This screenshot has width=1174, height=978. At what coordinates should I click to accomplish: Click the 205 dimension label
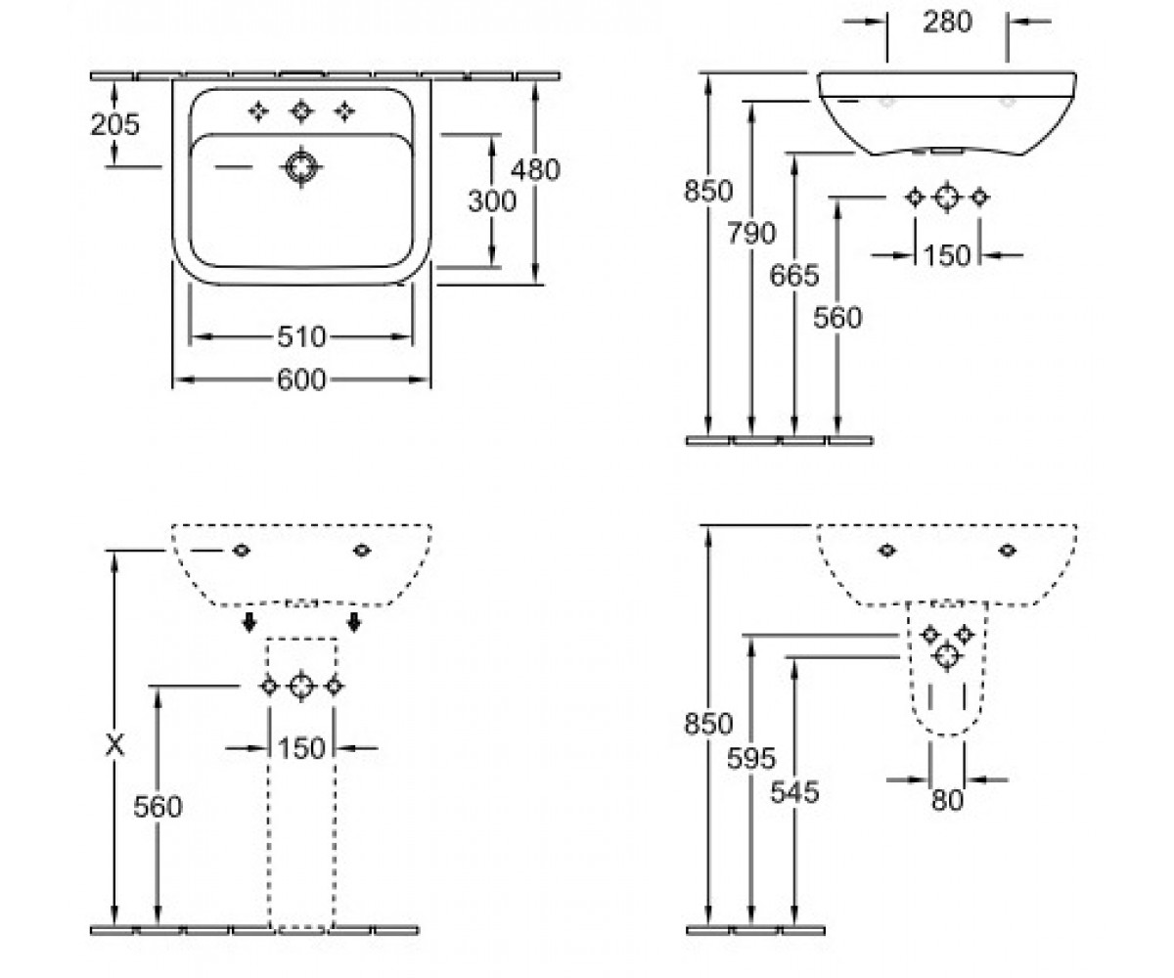pyautogui.click(x=114, y=124)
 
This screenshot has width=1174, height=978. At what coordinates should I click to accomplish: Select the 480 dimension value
pyautogui.click(x=535, y=170)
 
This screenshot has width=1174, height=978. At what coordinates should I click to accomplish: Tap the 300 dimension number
pyautogui.click(x=492, y=201)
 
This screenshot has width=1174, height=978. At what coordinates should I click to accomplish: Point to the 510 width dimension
pyautogui.click(x=301, y=337)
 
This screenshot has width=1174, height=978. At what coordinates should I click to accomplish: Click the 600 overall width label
pyautogui.click(x=301, y=380)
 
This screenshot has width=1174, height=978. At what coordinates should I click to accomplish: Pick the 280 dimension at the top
pyautogui.click(x=947, y=22)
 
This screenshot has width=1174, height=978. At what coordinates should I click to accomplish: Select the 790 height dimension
pyautogui.click(x=751, y=233)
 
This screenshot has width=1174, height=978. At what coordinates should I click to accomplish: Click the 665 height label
pyautogui.click(x=793, y=276)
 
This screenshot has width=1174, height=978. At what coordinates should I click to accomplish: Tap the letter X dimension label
pyautogui.click(x=114, y=745)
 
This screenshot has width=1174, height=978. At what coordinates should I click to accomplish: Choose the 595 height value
pyautogui.click(x=751, y=759)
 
